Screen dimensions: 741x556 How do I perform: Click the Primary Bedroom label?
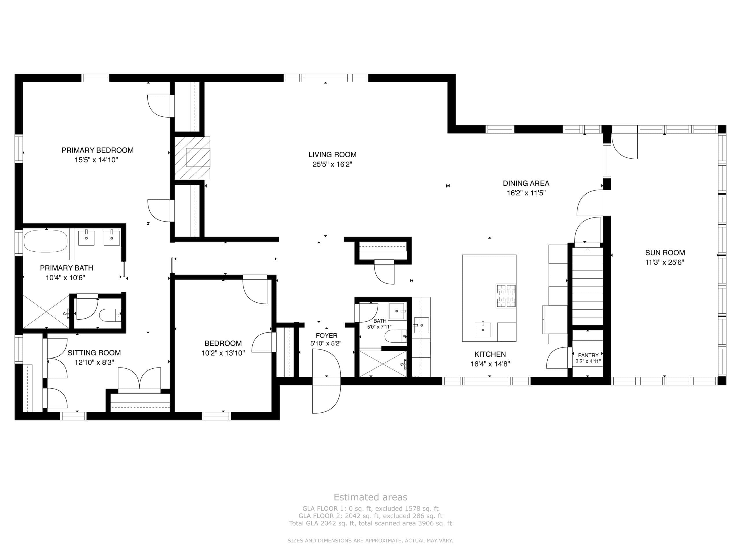click(x=98, y=150)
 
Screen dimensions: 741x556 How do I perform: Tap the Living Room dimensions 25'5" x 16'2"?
click(x=332, y=164)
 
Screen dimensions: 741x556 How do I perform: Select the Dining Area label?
click(x=526, y=183)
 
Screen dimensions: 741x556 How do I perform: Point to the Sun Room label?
click(x=665, y=253)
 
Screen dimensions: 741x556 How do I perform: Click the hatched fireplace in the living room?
click(x=192, y=158)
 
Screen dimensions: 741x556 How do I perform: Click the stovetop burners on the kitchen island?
click(x=506, y=296)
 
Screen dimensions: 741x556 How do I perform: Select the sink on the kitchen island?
click(x=483, y=330)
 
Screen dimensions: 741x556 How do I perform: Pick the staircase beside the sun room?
click(x=587, y=286)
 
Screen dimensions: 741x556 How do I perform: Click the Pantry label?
click(x=588, y=355)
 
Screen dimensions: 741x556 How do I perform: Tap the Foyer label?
click(x=327, y=335)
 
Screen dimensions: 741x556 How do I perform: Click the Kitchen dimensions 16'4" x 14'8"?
click(x=490, y=364)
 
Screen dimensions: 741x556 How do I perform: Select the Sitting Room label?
click(x=94, y=353)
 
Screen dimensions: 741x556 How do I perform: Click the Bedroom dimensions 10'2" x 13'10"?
click(x=223, y=353)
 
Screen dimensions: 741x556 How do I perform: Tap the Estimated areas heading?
click(x=370, y=497)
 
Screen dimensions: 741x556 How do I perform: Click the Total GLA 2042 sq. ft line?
click(x=370, y=523)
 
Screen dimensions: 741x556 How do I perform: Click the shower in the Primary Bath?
click(x=46, y=312)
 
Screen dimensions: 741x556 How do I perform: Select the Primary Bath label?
click(x=67, y=268)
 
